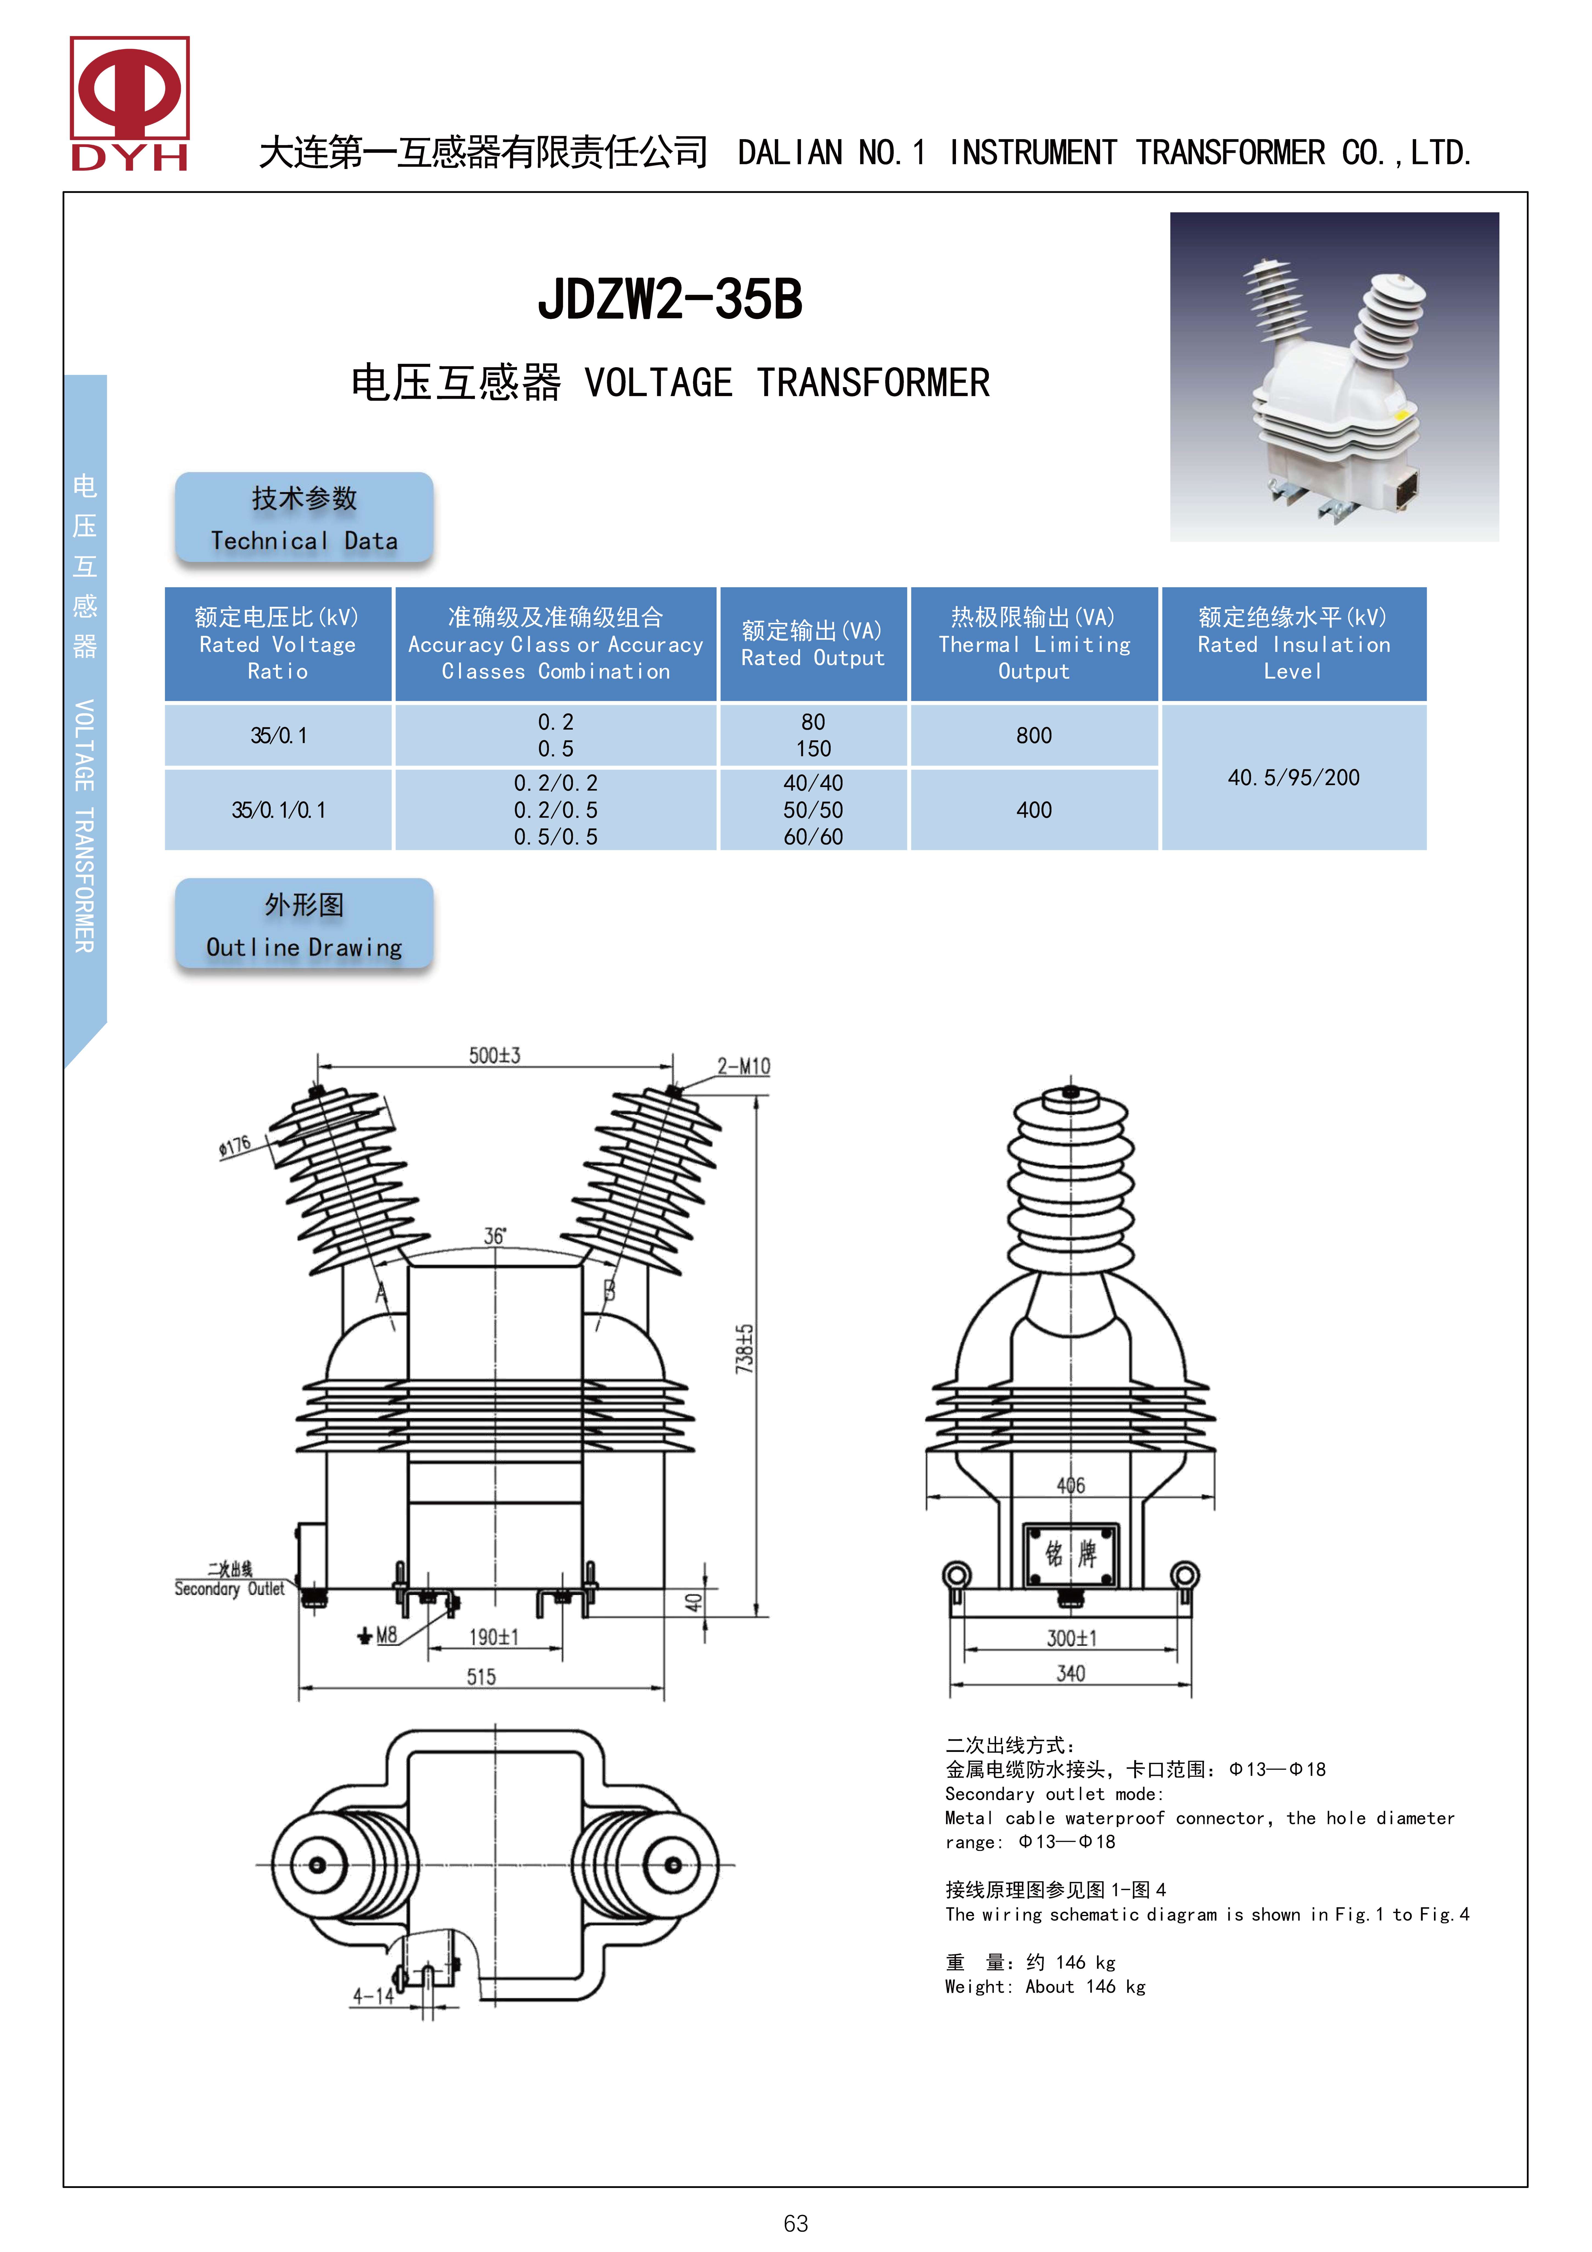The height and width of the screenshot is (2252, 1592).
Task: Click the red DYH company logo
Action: pyautogui.click(x=129, y=103)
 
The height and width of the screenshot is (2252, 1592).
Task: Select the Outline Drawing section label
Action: pyautogui.click(x=304, y=924)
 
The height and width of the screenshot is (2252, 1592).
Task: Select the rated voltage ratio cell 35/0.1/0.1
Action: pyautogui.click(x=279, y=810)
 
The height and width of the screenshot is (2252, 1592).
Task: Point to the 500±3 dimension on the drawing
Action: pyautogui.click(x=494, y=1055)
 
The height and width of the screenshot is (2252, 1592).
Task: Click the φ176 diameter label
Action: pyautogui.click(x=235, y=1146)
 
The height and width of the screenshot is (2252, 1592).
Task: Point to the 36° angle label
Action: pyautogui.click(x=494, y=1236)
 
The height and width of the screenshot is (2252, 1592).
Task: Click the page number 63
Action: pyautogui.click(x=795, y=2223)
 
